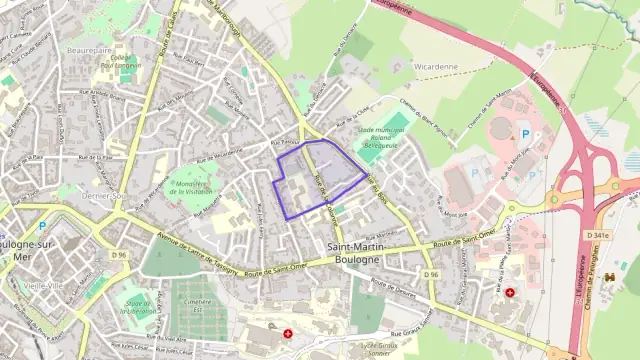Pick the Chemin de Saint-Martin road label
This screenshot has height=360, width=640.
click(x=490, y=109)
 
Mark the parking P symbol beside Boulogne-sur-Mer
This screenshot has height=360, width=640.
click(x=42, y=225)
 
